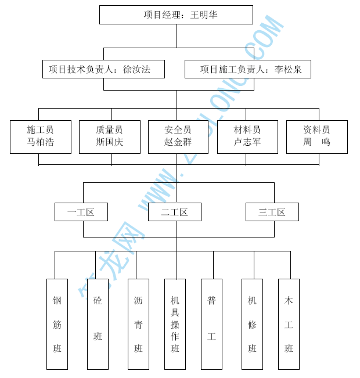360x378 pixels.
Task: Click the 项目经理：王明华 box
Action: pyautogui.click(x=176, y=15)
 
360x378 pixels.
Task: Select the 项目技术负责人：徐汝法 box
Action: pyautogui.click(x=103, y=69)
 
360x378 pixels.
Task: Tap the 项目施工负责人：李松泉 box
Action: pyautogui.click(x=247, y=69)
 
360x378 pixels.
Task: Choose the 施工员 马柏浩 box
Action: pyautogui.click(x=41, y=137)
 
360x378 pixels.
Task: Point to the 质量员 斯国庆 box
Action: pyautogui.click(x=110, y=137)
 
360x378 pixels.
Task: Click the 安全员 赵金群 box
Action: pyautogui.click(x=178, y=137)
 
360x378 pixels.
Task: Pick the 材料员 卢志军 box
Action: pyautogui.click(x=247, y=137)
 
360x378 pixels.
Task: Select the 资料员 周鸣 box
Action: pyautogui.click(x=316, y=137)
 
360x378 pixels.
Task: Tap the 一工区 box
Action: pyautogui.click(x=81, y=212)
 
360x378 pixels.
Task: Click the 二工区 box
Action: pyautogui.click(x=175, y=212)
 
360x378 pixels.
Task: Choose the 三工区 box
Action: pyautogui.click(x=272, y=212)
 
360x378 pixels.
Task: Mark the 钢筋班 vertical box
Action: pyautogui.click(x=57, y=324)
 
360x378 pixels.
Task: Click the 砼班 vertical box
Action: pyautogui.click(x=98, y=324)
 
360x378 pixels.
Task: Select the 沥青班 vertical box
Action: pyautogui.click(x=138, y=324)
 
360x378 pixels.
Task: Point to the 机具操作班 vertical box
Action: pyautogui.click(x=175, y=324)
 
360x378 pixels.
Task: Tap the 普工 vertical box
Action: pyautogui.click(x=211, y=324)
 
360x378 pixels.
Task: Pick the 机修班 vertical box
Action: pyautogui.click(x=252, y=324)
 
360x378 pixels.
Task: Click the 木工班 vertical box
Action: pyautogui.click(x=289, y=324)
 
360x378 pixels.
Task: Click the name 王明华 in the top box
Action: pyautogui.click(x=204, y=15)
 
